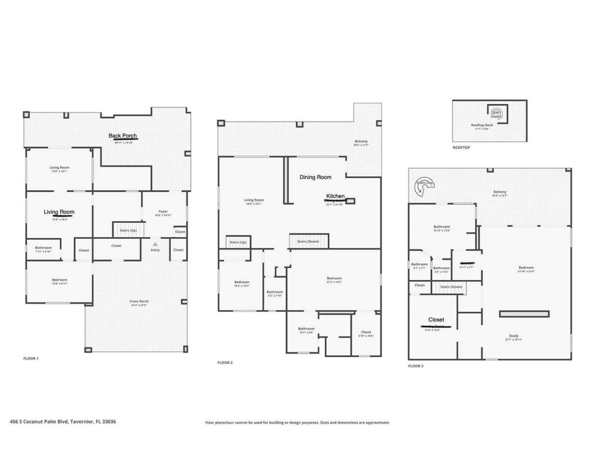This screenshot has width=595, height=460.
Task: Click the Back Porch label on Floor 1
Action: tap(123, 136)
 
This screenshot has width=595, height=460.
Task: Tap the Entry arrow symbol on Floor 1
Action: tap(155, 244)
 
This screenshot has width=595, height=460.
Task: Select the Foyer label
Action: tap(163, 212)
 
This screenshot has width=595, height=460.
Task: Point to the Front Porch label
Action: tap(139, 301)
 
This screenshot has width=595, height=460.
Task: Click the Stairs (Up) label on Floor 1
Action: tap(128, 230)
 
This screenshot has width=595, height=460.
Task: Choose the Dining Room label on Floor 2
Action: tap(315, 177)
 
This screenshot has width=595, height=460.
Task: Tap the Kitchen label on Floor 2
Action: tap(335, 196)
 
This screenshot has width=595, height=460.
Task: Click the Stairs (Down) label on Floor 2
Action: tap(308, 241)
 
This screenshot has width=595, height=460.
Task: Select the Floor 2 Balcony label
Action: tap(361, 141)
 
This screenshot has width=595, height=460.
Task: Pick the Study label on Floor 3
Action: tap(513, 336)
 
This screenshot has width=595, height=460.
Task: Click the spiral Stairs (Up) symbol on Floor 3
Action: tap(423, 187)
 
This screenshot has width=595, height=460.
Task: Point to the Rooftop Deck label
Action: tap(482, 125)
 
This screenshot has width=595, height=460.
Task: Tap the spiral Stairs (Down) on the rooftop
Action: tap(497, 114)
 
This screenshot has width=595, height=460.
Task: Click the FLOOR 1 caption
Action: tap(31, 359)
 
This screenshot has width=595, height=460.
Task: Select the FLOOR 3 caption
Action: tap(416, 366)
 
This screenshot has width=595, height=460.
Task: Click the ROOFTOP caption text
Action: tap(461, 147)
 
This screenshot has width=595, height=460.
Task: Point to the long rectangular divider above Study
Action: tap(524, 314)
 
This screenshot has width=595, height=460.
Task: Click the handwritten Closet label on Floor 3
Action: tap(436, 320)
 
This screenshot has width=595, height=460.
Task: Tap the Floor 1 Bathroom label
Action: tap(43, 248)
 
